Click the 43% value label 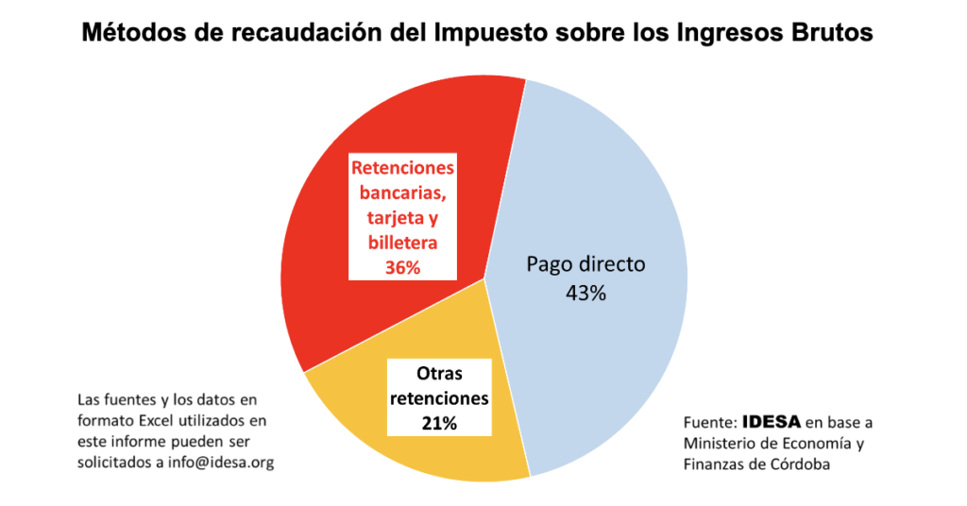(x=585, y=293)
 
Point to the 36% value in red (x=402, y=267)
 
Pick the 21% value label (x=439, y=423)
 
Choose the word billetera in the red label (x=402, y=243)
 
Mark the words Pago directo (x=585, y=263)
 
